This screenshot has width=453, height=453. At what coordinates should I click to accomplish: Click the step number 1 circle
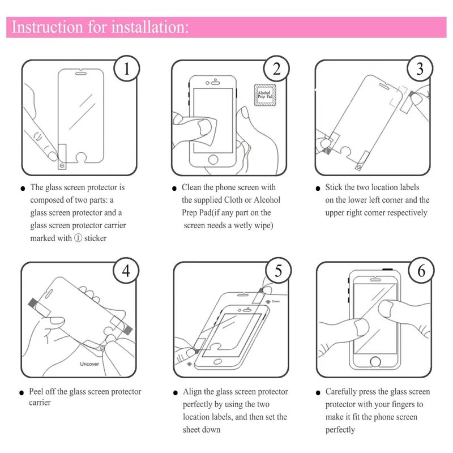tap(127, 69)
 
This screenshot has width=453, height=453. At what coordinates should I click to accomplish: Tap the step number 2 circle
tap(276, 69)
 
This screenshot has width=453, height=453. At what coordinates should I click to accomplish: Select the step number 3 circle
tap(420, 69)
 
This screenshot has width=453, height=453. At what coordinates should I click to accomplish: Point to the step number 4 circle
tap(126, 270)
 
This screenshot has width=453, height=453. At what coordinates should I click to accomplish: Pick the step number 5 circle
tap(278, 270)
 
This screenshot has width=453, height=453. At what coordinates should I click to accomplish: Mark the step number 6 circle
tap(421, 270)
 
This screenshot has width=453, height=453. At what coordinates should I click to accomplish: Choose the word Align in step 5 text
tap(193, 391)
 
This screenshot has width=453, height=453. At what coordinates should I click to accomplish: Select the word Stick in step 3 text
tap(334, 187)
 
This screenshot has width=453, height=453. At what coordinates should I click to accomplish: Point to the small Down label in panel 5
tap(275, 301)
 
